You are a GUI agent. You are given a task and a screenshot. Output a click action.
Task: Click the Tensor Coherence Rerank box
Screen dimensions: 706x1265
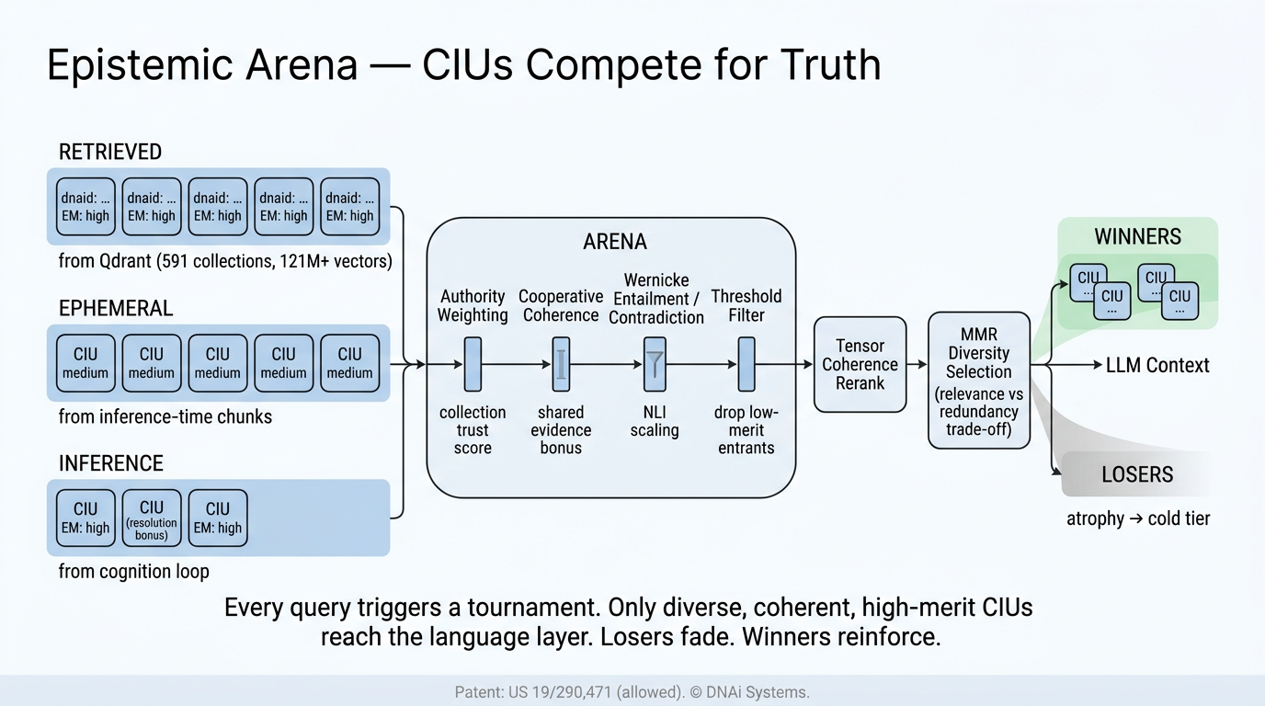pos(860,364)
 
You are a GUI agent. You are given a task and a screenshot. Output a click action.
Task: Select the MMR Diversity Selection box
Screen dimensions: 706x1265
pos(978,379)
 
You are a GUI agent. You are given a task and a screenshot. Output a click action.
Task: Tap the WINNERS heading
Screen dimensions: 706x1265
pos(1137,237)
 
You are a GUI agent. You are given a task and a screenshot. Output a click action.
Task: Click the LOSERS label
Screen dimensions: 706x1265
pos(1137,474)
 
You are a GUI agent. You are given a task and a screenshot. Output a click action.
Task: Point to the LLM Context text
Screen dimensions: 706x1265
pos(1157,365)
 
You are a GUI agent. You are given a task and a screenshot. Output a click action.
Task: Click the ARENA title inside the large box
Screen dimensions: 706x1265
pos(615,242)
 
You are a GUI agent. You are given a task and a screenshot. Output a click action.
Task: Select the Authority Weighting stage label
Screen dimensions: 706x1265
pos(473,305)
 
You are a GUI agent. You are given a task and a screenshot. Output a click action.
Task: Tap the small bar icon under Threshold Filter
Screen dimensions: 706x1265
pos(746,364)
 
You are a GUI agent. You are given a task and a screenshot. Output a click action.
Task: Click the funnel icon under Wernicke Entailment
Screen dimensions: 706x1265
pos(655,364)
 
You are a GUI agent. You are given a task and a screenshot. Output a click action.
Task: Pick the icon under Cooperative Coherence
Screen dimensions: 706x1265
pos(561,364)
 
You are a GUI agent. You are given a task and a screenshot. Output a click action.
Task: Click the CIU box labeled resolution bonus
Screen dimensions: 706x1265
pos(152,518)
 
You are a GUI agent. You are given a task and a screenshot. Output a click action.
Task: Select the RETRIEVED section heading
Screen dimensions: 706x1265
pos(110,152)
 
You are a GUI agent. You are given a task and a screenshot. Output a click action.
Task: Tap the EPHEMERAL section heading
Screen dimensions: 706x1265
pos(116,308)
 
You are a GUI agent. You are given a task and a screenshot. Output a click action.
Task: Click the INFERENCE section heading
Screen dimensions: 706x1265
pos(111,463)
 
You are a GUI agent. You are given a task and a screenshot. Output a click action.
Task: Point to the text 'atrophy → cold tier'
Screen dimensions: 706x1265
pos(1137,518)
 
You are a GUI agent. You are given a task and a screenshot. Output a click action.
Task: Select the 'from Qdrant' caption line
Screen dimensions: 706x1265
pos(225,261)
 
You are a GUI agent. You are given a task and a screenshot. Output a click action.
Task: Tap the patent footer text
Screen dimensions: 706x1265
pos(632,692)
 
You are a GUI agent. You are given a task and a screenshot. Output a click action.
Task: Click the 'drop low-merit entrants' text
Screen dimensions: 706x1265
pos(746,429)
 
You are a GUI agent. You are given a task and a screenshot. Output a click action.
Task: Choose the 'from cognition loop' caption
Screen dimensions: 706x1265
pos(134,571)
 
